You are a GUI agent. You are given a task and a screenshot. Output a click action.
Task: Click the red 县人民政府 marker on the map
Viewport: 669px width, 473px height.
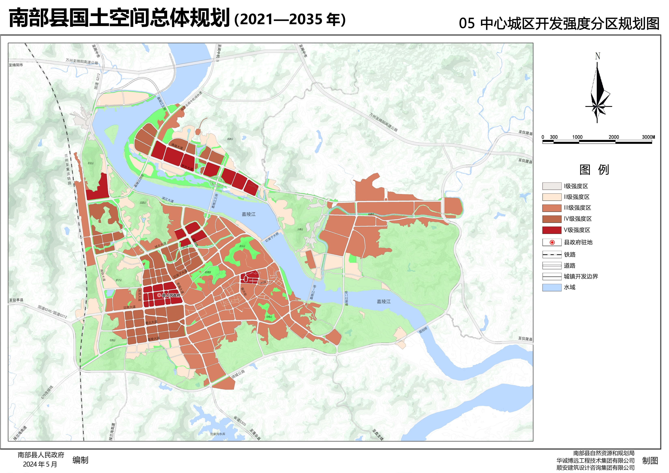(x=159, y=295)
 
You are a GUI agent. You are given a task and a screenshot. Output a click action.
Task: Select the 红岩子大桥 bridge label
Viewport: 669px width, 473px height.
(x=272, y=237)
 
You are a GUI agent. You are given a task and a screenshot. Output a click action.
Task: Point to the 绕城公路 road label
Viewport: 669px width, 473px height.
(x=238, y=374)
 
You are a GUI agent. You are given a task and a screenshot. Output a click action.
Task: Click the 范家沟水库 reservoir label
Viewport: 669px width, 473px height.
(x=218, y=434)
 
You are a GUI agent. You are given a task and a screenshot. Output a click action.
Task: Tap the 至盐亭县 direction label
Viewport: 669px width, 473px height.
(x=16, y=300)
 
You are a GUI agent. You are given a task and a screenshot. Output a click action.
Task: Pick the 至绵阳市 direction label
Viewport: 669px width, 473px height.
(x=16, y=65)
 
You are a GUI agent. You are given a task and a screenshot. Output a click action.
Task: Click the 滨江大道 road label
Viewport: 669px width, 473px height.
(x=168, y=199)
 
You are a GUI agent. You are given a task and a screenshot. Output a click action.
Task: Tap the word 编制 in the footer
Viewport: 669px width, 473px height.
(x=80, y=460)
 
